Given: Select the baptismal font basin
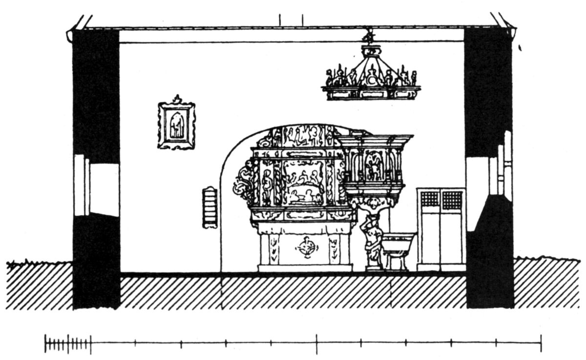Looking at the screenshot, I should click(x=398, y=243).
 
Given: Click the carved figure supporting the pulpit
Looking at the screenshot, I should click(x=373, y=239).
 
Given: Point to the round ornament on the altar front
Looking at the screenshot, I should click(x=306, y=249).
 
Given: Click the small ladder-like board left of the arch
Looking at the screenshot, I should click(x=210, y=208).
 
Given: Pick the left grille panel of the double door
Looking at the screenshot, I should click(x=430, y=200).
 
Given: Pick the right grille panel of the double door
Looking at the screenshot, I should click(x=452, y=200).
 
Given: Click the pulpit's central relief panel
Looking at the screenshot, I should click(x=374, y=166).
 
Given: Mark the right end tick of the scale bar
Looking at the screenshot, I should click(x=541, y=343).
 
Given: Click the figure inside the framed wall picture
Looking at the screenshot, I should click(x=176, y=126).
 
